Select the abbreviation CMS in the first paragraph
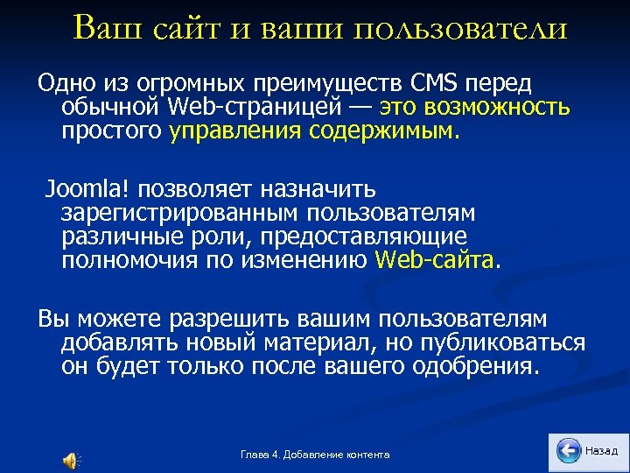(434, 83)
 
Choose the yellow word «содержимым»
(383, 131)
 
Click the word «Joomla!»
(84, 188)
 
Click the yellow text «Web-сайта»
(435, 260)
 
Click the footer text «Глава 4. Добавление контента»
(315, 454)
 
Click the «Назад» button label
(601, 450)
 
